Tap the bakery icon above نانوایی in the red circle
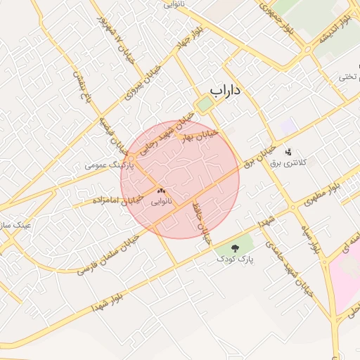click(x=162, y=190)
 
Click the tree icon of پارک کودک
click(x=234, y=247)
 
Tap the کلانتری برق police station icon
click(x=288, y=152)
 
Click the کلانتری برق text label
click(x=303, y=162)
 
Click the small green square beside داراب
click(x=205, y=105)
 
